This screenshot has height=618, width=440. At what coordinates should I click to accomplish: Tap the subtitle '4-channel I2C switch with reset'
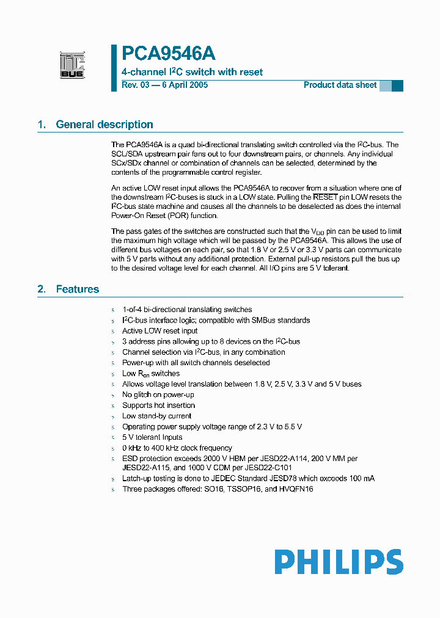coord(193,72)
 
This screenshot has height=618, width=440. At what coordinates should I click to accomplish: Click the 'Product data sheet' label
coord(340,85)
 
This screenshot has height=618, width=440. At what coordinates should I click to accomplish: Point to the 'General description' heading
coord(105,125)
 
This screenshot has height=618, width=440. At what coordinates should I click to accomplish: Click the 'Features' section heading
coord(77,289)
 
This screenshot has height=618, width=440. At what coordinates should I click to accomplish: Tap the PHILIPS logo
coord(339,562)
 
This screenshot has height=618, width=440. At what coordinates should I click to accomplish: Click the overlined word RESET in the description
coord(325,197)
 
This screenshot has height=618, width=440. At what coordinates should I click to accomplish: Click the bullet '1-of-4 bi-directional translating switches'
coord(187,310)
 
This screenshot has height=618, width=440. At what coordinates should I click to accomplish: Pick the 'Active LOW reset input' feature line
coord(159,331)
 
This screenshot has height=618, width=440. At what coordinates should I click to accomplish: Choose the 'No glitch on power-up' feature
coord(158,394)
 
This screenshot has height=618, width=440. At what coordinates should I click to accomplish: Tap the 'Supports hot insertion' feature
coord(159,405)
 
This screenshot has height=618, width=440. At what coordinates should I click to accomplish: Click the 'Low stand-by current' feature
coord(156,416)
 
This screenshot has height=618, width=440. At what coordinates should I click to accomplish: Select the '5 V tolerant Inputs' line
coord(152,437)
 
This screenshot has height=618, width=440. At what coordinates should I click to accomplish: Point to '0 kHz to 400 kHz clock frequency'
coord(177,448)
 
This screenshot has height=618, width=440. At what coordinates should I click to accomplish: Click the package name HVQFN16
coord(296,489)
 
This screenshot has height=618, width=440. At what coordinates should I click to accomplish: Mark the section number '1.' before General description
coord(42,125)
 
